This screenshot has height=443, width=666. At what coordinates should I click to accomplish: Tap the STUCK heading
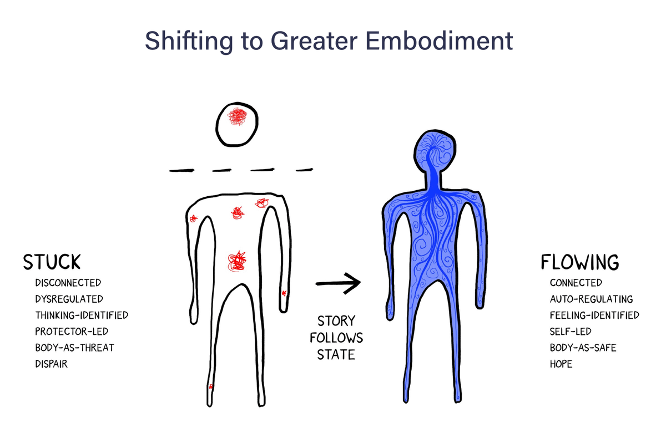[52, 262]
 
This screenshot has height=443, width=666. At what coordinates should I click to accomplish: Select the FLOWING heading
[579, 262]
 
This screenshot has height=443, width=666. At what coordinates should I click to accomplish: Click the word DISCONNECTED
[68, 283]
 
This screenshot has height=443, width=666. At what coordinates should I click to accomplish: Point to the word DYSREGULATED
[69, 299]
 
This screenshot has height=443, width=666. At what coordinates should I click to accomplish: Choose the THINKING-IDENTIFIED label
[81, 315]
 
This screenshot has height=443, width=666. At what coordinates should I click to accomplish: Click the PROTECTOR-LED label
[71, 332]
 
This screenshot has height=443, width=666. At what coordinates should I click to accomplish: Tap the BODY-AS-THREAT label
[74, 348]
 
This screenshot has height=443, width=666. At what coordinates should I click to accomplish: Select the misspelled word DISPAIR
[51, 364]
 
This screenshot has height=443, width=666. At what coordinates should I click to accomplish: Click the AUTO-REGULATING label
[591, 299]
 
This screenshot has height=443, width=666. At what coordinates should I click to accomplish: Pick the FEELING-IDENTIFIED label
[594, 315]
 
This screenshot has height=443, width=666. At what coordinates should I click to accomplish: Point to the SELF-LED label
[571, 332]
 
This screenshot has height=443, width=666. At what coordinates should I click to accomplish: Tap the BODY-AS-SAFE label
[583, 348]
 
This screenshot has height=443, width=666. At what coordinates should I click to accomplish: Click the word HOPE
[561, 364]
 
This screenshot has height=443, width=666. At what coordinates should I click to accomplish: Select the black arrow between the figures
[338, 283]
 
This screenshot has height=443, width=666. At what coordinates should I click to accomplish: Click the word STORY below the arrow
[336, 322]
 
